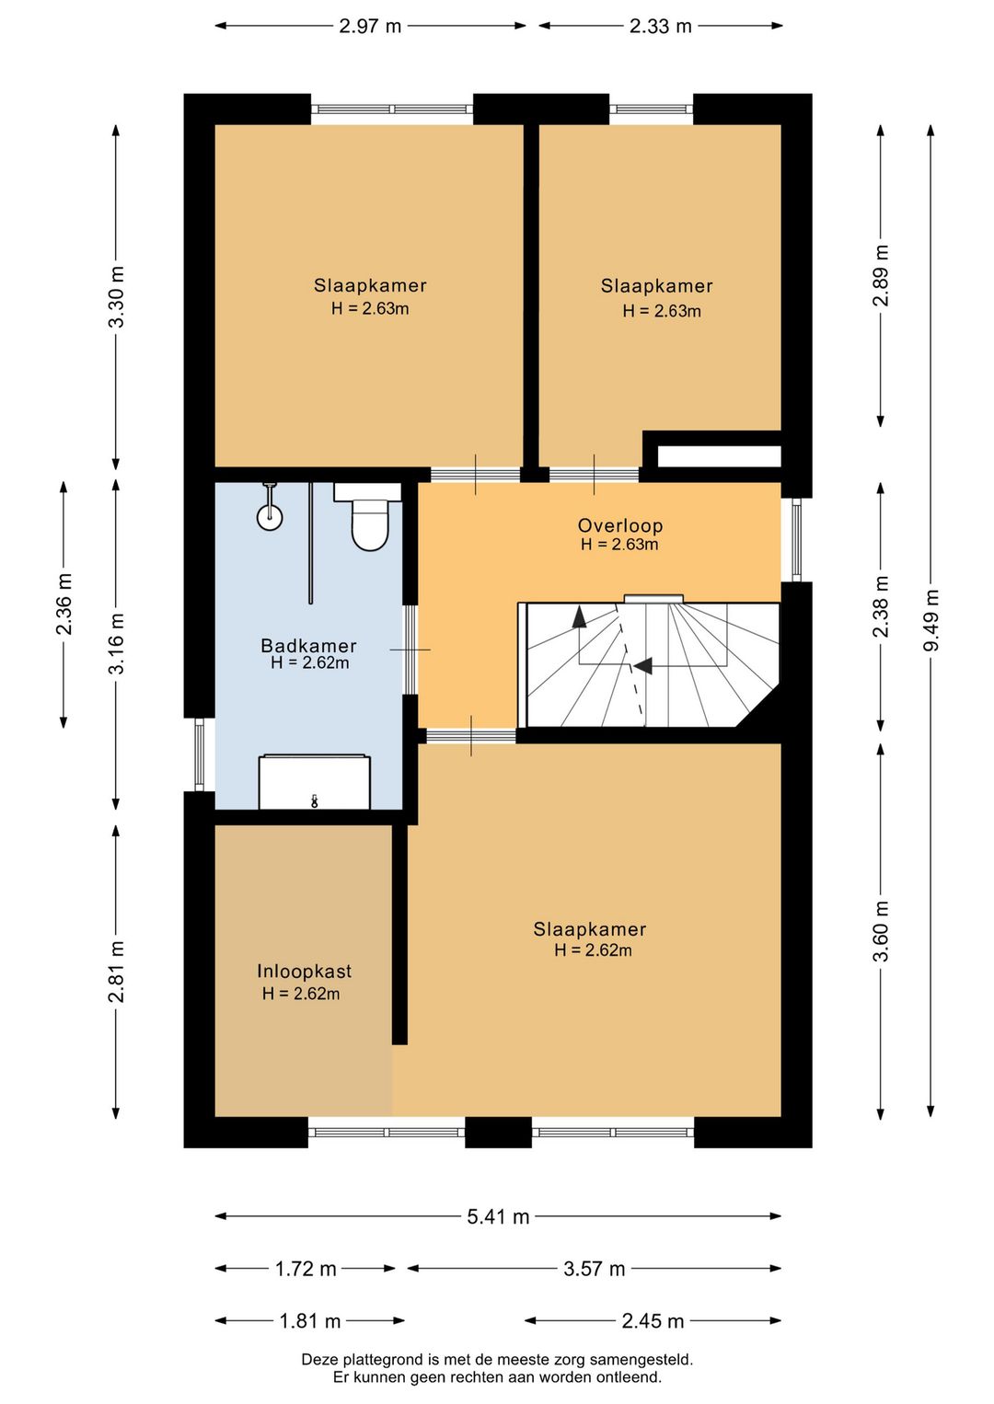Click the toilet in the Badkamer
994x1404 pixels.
[368, 516]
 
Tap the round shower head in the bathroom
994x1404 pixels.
[270, 517]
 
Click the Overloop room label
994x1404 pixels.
[620, 525]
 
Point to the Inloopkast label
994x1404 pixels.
[304, 972]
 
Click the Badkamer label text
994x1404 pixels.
[308, 646]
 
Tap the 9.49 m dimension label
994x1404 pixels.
[931, 620]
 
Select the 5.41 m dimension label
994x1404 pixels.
[499, 1217]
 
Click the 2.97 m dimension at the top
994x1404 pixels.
[370, 27]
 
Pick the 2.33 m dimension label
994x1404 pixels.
[661, 27]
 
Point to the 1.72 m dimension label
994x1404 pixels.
[306, 1270]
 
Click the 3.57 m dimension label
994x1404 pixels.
[595, 1270]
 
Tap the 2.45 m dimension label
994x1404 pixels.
[653, 1321]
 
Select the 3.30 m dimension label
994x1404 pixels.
[117, 297]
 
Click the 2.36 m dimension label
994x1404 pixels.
[64, 604]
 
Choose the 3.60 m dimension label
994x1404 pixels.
[881, 931]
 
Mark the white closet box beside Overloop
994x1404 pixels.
[719, 456]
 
